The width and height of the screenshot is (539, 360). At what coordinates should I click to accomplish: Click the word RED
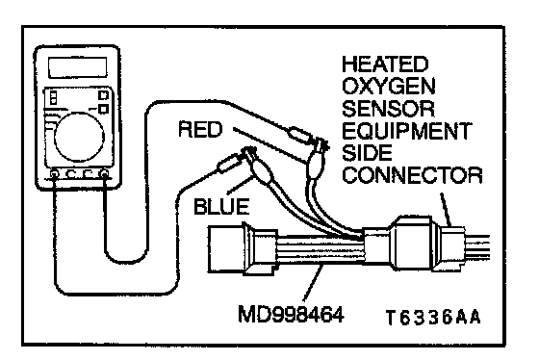(200, 130)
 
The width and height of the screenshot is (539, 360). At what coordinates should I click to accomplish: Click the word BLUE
(221, 207)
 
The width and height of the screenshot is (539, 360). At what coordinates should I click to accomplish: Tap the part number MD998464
(291, 315)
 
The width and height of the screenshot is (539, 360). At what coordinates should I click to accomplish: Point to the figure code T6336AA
(433, 318)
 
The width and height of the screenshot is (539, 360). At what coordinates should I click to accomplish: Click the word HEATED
(385, 64)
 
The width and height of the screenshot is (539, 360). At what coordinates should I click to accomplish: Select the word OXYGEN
(389, 86)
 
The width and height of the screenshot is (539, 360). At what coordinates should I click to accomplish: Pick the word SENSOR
(388, 109)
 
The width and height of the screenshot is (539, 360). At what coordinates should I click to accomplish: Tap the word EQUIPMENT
(406, 131)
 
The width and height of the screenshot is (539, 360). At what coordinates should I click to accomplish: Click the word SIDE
(367, 153)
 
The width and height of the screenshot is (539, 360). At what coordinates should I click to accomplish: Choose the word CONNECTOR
(412, 175)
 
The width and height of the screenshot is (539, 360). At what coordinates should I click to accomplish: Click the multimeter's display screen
(77, 67)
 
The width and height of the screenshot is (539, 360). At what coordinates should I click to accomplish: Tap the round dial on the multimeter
(79, 137)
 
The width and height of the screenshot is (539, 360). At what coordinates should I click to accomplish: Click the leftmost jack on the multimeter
(54, 173)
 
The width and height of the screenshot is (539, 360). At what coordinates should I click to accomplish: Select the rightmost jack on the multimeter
(105, 173)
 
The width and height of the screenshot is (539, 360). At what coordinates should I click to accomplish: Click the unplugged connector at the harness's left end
(243, 248)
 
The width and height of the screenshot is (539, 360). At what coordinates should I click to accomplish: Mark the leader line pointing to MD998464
(313, 283)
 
